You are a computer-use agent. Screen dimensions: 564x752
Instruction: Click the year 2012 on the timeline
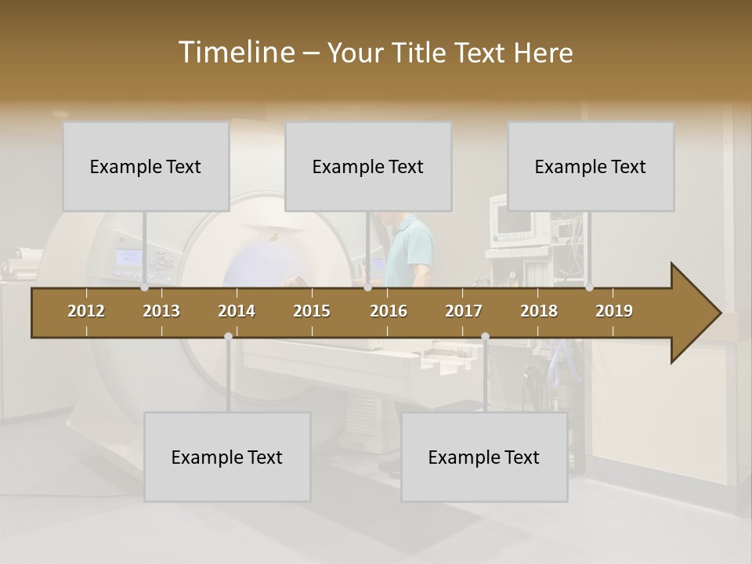86,311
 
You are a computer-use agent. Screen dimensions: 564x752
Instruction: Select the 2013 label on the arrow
161,311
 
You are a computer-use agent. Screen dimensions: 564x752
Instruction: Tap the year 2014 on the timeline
237,311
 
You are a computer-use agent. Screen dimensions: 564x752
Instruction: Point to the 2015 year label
312,311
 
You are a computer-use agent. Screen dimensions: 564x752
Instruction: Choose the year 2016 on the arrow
389,311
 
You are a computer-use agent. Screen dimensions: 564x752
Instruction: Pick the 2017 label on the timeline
464,311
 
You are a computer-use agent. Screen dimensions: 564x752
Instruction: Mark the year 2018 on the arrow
539,311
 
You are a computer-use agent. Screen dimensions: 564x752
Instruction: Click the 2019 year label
614,311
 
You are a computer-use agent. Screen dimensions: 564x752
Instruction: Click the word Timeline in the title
236,52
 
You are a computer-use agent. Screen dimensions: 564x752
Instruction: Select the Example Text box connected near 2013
146,166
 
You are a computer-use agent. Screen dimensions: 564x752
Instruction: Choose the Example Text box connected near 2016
368,166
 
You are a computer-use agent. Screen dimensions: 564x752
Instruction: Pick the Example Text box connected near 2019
591,166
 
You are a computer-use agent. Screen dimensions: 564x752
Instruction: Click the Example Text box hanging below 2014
227,457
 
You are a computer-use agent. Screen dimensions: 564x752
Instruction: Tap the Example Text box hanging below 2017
484,457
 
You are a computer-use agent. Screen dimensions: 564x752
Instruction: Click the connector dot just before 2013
145,287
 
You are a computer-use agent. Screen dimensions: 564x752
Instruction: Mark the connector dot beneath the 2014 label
228,336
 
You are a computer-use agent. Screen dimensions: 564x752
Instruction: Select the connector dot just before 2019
589,287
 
